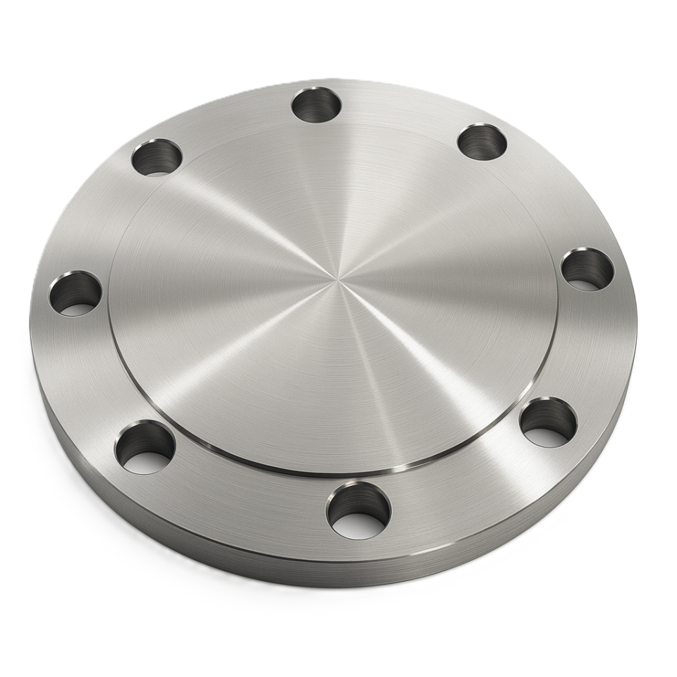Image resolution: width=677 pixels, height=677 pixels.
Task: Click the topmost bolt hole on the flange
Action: click(x=316, y=104)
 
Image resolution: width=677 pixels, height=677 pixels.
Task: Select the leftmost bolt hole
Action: click(x=75, y=293)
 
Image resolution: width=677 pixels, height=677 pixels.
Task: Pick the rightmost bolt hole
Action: click(x=587, y=269)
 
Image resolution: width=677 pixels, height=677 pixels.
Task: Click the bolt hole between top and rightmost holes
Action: click(x=482, y=141)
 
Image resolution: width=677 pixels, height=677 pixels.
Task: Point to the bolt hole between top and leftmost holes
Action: click(x=157, y=157)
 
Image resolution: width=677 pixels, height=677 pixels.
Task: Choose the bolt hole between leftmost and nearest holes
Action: click(x=145, y=447)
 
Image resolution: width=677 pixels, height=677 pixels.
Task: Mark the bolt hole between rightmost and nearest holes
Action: click(x=548, y=422)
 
